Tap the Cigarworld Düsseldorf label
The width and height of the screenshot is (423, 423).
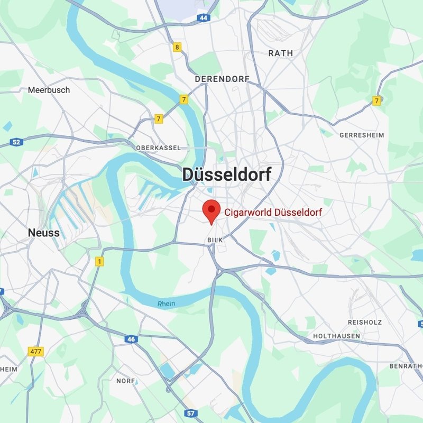click(273, 212)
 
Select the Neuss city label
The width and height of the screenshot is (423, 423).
click(43, 233)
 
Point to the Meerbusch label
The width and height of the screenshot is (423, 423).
click(49, 90)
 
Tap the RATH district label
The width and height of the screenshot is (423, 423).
click(280, 53)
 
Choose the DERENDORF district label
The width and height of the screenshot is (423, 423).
click(222, 79)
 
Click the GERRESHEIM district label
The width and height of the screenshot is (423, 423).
click(362, 135)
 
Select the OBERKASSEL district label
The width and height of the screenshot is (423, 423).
click(158, 148)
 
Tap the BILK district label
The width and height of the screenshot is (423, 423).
click(215, 240)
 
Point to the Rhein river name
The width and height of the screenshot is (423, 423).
click(166, 304)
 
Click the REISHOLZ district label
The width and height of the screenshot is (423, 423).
click(365, 322)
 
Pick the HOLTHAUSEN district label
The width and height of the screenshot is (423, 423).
click(336, 336)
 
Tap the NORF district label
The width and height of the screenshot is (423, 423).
click(125, 381)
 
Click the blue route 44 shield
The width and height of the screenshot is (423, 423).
click(204, 18)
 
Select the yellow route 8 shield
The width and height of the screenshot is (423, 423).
click(177, 47)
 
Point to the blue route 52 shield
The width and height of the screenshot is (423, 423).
click(16, 142)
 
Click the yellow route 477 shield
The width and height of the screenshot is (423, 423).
click(35, 351)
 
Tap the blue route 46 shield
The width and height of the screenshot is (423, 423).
click(131, 339)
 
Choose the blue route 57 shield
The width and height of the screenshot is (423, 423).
click(191, 412)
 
